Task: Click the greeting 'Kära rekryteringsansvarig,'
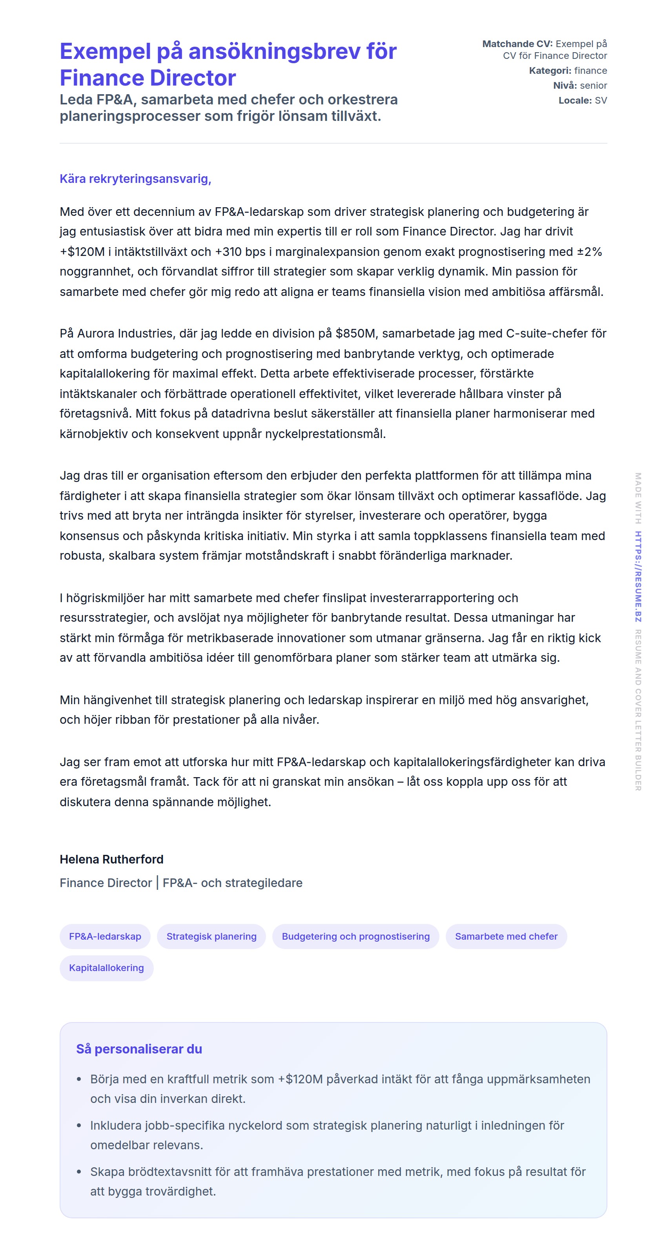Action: tap(135, 179)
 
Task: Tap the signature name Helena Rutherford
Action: tap(111, 859)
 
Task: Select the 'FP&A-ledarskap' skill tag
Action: tap(105, 936)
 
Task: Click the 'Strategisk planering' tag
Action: tap(211, 936)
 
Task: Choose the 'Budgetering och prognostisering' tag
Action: tap(355, 936)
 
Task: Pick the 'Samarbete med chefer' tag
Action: tap(506, 936)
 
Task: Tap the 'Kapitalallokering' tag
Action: tap(106, 968)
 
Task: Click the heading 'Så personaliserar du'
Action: tap(139, 1048)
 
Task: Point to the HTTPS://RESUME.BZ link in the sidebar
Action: tap(638, 576)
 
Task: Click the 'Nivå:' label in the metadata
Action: tap(565, 85)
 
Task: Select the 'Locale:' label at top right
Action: tap(575, 100)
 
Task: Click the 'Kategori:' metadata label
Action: tap(550, 71)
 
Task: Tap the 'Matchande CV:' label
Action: tap(517, 44)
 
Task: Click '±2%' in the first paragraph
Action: tap(589, 252)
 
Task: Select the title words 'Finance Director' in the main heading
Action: tap(148, 78)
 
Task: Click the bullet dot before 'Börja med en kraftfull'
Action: tap(79, 1079)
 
